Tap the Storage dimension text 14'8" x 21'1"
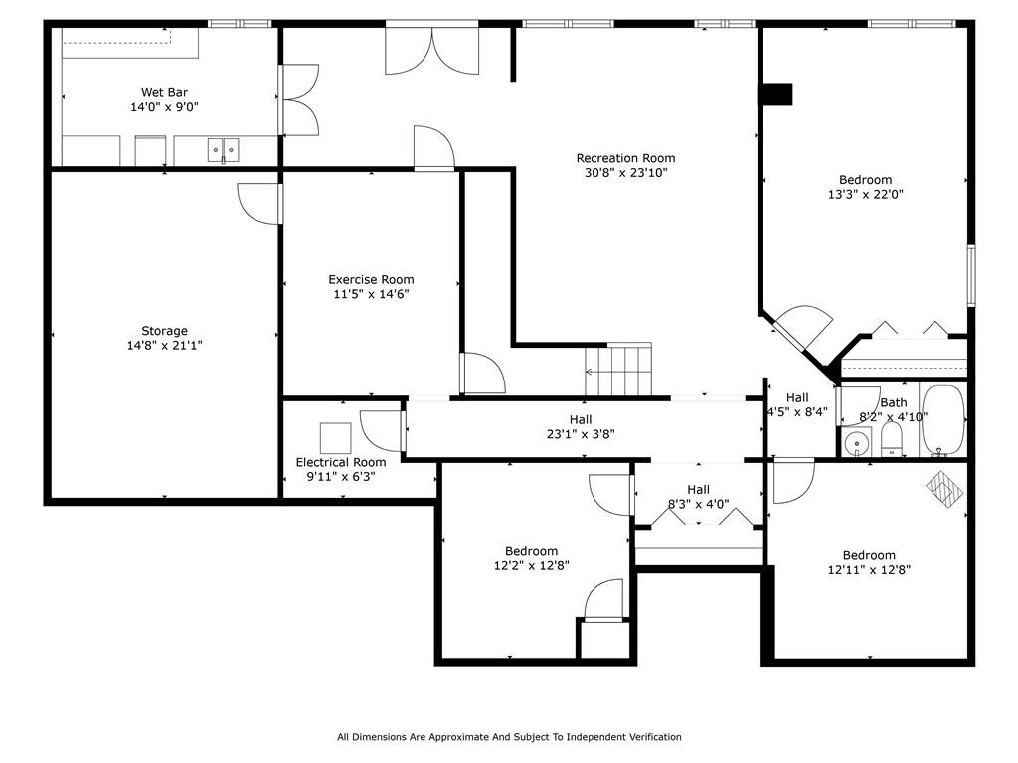(x=164, y=345)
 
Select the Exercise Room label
(x=371, y=279)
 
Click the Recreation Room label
(x=625, y=158)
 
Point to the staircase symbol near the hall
(x=619, y=369)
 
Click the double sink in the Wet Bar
(x=224, y=150)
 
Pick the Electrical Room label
(x=341, y=462)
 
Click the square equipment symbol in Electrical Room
(x=335, y=437)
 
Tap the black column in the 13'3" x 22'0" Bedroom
(x=775, y=94)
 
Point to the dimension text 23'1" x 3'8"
(x=581, y=433)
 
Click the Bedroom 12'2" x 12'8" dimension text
(x=531, y=565)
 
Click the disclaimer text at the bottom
(x=509, y=737)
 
